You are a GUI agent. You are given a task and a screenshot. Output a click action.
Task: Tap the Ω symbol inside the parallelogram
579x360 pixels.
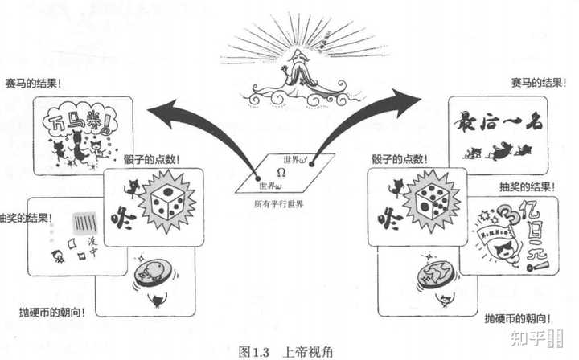tap(281, 174)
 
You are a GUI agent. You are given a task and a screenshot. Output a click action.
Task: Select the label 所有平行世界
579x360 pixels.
tap(279, 204)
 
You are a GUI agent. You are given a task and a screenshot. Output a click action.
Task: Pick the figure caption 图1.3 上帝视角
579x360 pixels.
tap(285, 351)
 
